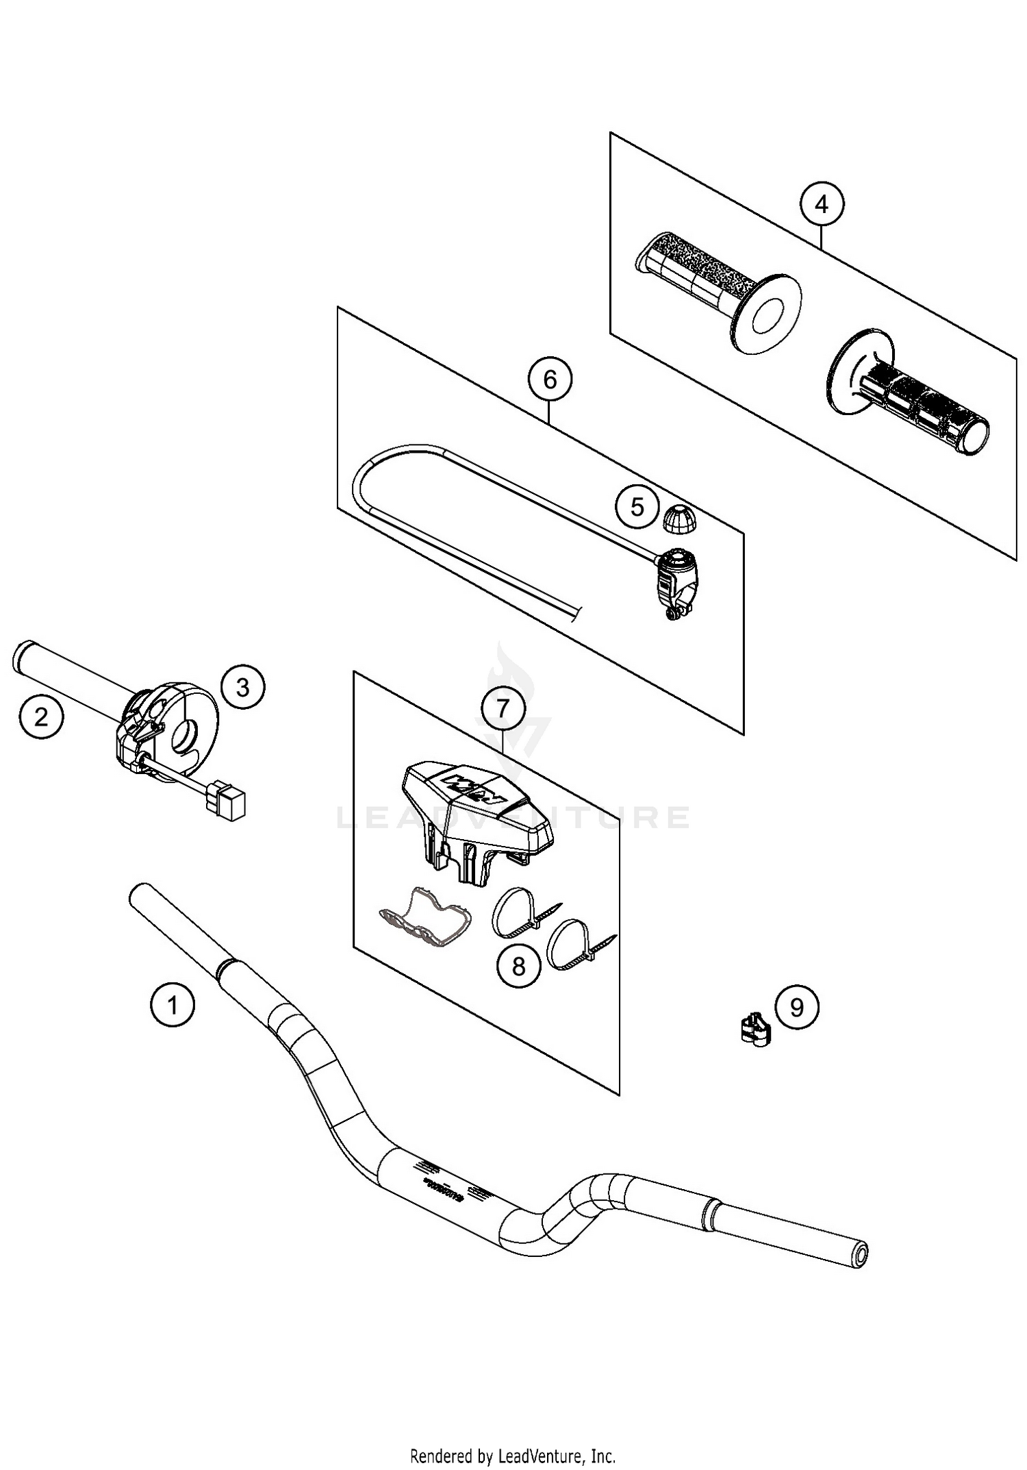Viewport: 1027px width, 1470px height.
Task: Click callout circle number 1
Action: (173, 1005)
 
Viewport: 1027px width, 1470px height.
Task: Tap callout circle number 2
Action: (41, 717)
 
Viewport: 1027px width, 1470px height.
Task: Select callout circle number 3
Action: (243, 687)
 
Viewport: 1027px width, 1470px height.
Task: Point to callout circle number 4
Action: (822, 204)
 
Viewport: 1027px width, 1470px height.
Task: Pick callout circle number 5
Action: (637, 508)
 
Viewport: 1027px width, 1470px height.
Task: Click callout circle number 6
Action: (550, 379)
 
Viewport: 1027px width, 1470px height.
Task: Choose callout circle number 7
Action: (503, 708)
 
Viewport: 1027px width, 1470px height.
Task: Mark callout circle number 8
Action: (518, 967)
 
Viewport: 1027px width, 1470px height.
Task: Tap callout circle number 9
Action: (796, 1007)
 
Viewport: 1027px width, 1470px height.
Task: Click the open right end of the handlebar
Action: (859, 1253)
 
